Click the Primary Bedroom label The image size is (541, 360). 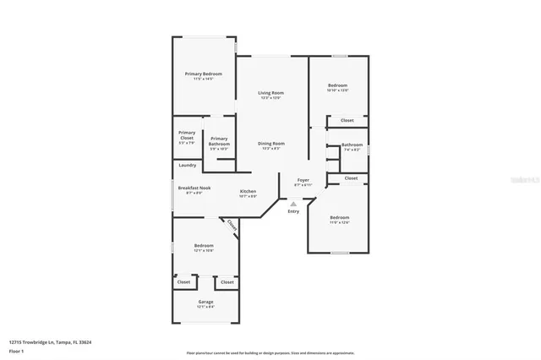coord(203,74)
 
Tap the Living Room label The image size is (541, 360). coord(270,92)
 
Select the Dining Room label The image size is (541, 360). coord(271,144)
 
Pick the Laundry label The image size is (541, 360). coord(187,165)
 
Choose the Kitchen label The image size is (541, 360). coord(248,191)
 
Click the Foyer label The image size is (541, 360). coord(302,181)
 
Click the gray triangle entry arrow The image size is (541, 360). coord(293,204)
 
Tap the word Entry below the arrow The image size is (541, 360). coord(293,211)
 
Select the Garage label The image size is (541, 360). coord(205,302)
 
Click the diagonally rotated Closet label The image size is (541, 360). coord(230,226)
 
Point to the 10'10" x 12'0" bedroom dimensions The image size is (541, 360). coord(338,90)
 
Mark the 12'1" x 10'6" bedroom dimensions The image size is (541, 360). coord(203,250)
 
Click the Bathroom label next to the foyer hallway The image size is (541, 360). coord(352,145)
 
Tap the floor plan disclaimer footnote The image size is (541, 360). coord(270,353)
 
